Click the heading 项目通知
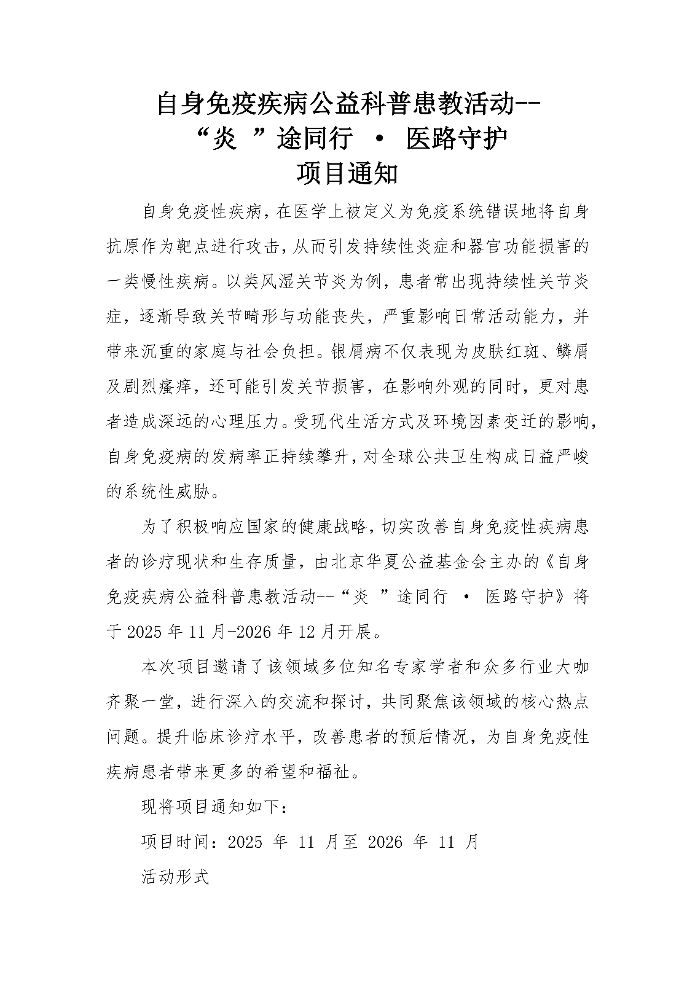347,174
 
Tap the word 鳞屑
572,351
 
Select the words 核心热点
555,702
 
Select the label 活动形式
176,877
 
